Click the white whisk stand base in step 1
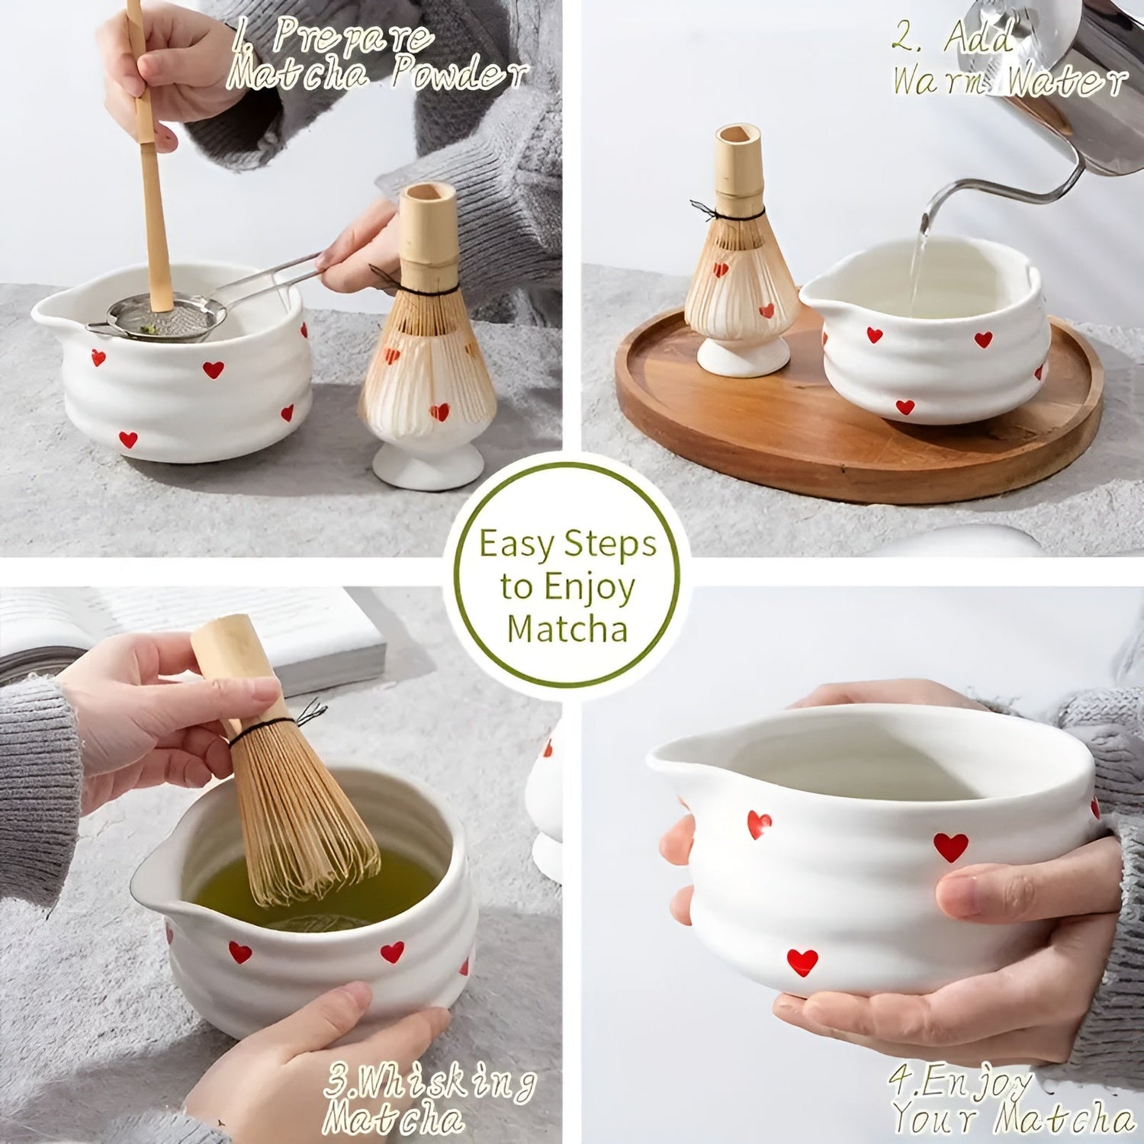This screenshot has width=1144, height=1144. [427, 465]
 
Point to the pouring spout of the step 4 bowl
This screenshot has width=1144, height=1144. [671, 759]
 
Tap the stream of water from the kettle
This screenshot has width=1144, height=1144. [919, 267]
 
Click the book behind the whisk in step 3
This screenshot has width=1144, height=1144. [305, 641]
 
